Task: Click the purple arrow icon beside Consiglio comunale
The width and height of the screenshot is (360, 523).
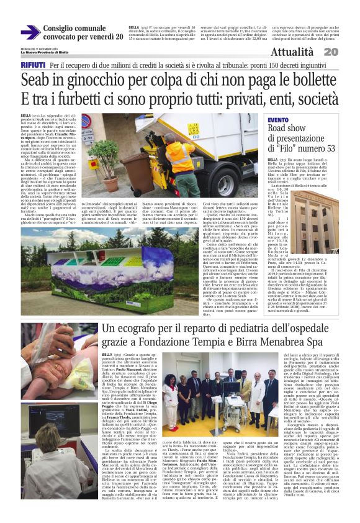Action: pos(29,32)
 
